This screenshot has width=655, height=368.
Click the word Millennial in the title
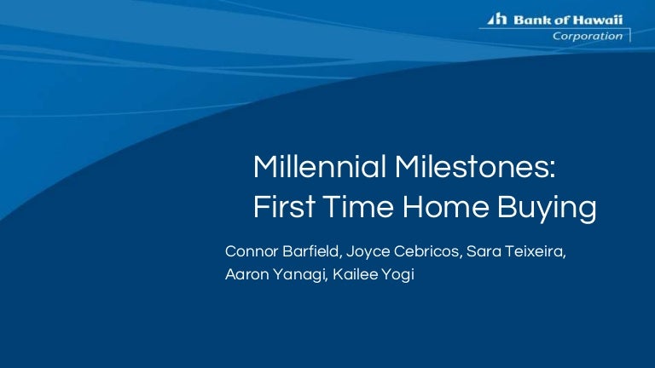pyautogui.click(x=320, y=166)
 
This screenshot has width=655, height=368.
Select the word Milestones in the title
pyautogui.click(x=475, y=166)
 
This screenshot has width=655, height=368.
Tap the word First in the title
pyautogui.click(x=284, y=206)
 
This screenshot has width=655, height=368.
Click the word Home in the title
pyautogui.click(x=446, y=206)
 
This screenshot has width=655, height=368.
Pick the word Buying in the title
pyautogui.click(x=547, y=209)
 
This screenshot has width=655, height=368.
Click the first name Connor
pyautogui.click(x=252, y=251)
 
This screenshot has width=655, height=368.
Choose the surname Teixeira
pyautogui.click(x=535, y=251)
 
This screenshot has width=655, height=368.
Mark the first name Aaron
pyautogui.click(x=246, y=274)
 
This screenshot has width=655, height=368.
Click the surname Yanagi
pyautogui.click(x=300, y=276)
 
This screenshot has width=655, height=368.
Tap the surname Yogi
pyautogui.click(x=400, y=276)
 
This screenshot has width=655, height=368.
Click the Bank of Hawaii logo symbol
pyautogui.click(x=497, y=19)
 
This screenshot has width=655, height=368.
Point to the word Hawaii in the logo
pyautogui.click(x=597, y=20)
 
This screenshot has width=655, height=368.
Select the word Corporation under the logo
pyautogui.click(x=588, y=37)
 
